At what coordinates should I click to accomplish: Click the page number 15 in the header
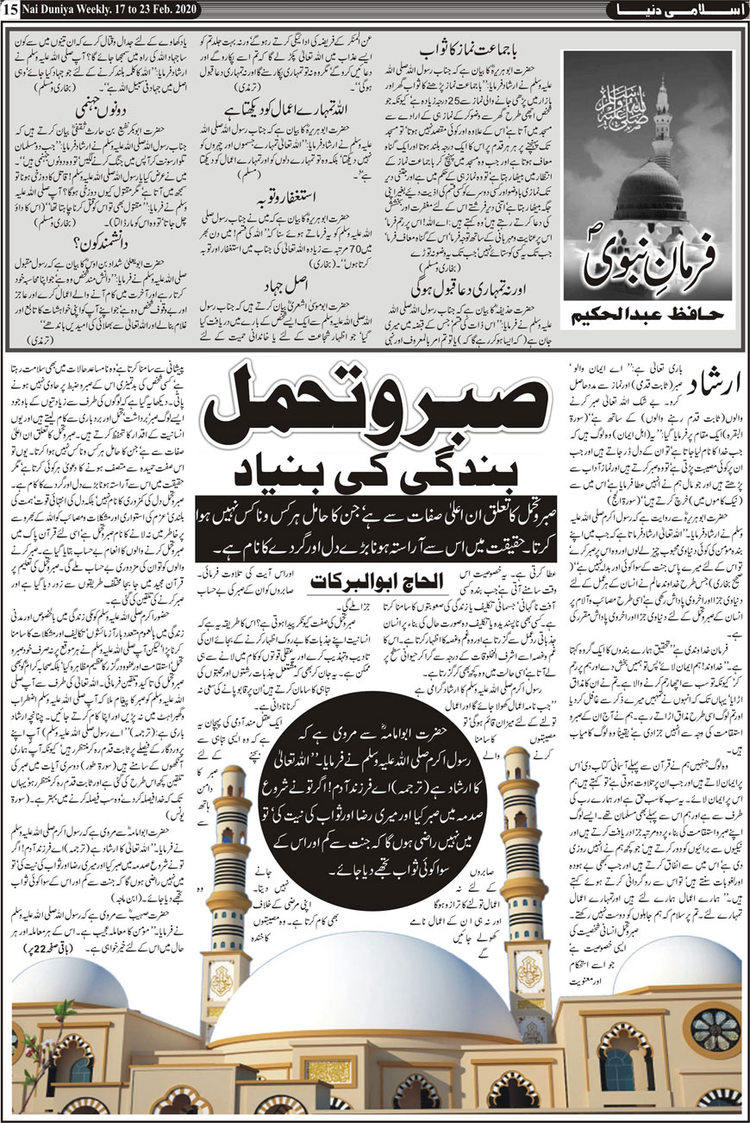9,9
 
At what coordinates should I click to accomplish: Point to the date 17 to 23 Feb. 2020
154,9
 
